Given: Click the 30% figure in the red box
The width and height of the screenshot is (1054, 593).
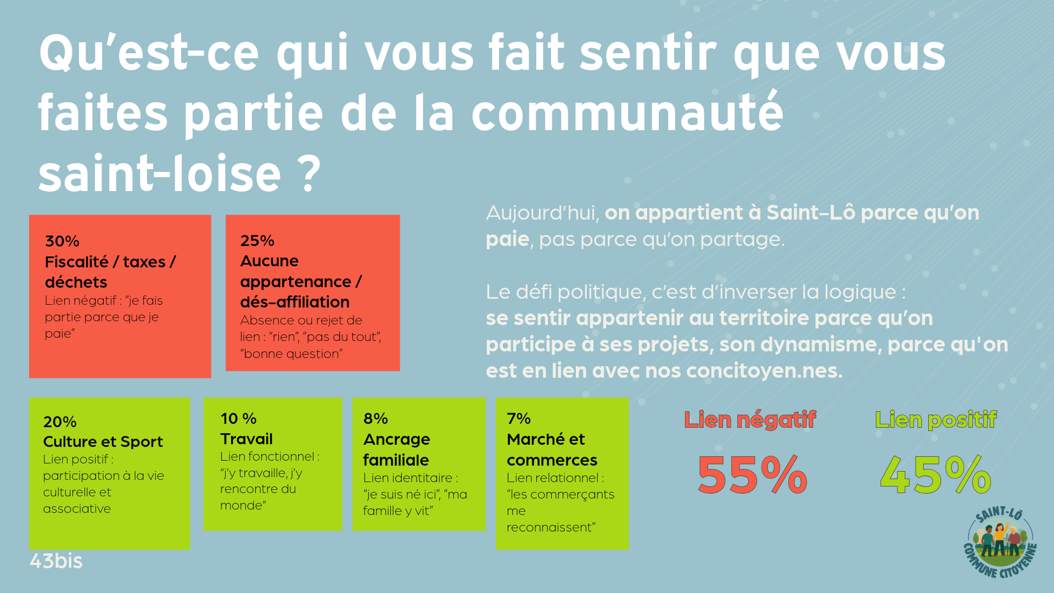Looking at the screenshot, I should pyautogui.click(x=62, y=241).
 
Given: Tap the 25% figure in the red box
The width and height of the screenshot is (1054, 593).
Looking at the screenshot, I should pyautogui.click(x=257, y=240).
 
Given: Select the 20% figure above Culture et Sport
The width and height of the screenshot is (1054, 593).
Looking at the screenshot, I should pyautogui.click(x=60, y=422).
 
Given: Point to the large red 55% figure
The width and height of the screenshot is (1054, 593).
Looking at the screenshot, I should pyautogui.click(x=752, y=475).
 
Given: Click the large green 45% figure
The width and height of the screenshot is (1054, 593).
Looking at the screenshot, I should pyautogui.click(x=935, y=475).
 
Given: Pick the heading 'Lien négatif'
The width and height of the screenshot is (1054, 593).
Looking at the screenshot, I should pyautogui.click(x=750, y=420).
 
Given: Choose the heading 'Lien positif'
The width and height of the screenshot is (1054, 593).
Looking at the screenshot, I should pyautogui.click(x=935, y=420).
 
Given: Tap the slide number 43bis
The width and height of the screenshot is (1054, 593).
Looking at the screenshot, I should pyautogui.click(x=56, y=561).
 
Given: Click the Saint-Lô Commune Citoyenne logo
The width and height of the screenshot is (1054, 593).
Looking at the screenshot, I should pyautogui.click(x=1000, y=542).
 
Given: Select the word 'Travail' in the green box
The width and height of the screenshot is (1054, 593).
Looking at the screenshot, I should pyautogui.click(x=246, y=439).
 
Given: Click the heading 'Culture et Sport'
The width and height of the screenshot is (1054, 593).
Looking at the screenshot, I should pyautogui.click(x=103, y=442).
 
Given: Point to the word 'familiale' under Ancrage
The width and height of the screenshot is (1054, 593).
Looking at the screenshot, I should pyautogui.click(x=396, y=460).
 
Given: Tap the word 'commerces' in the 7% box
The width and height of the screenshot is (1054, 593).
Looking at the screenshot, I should pyautogui.click(x=552, y=460).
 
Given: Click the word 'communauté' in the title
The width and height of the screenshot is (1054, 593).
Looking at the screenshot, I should pyautogui.click(x=627, y=113).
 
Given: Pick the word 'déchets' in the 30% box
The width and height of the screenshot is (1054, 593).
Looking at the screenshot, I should pyautogui.click(x=76, y=282).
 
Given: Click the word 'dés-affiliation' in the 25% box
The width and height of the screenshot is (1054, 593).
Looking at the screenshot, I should pyautogui.click(x=295, y=302).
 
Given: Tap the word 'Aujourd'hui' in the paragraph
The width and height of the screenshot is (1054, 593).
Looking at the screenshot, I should pyautogui.click(x=542, y=213).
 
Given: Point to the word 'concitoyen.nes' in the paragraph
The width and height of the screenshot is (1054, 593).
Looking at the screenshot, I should pyautogui.click(x=764, y=371).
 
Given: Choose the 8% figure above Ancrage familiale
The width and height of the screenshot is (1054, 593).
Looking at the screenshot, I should pyautogui.click(x=375, y=418).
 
